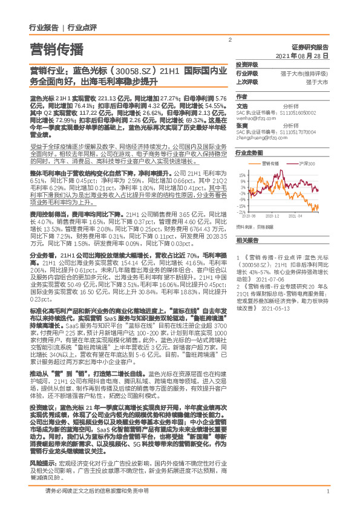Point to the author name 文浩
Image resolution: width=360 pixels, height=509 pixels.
tap(242, 105)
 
